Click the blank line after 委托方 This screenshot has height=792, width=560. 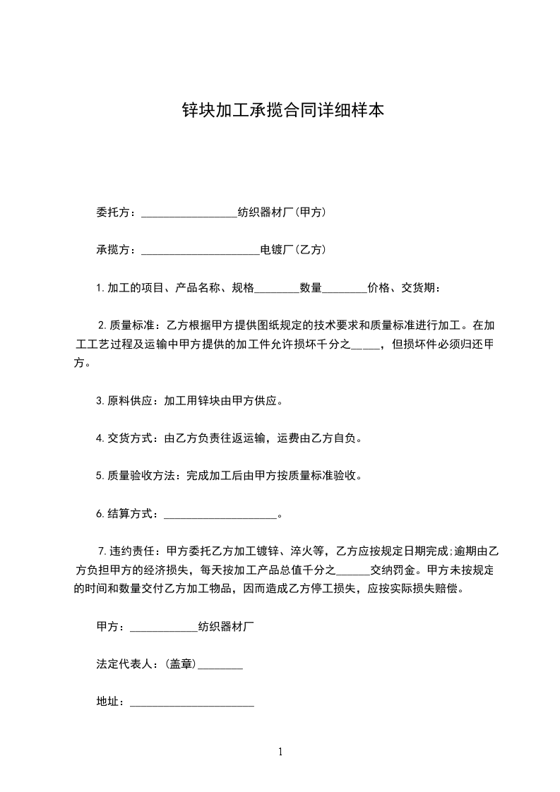pyautogui.click(x=189, y=212)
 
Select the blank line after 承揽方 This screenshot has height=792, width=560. pyautogui.click(x=201, y=250)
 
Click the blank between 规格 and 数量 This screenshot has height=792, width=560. pyautogui.click(x=276, y=288)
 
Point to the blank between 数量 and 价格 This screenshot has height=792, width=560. pyautogui.click(x=345, y=288)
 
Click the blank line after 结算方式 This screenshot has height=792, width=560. pyautogui.click(x=220, y=514)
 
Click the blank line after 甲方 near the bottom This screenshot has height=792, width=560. pyautogui.click(x=164, y=626)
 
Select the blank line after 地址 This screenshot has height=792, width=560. pyautogui.click(x=192, y=702)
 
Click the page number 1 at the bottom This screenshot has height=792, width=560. pyautogui.click(x=280, y=752)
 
